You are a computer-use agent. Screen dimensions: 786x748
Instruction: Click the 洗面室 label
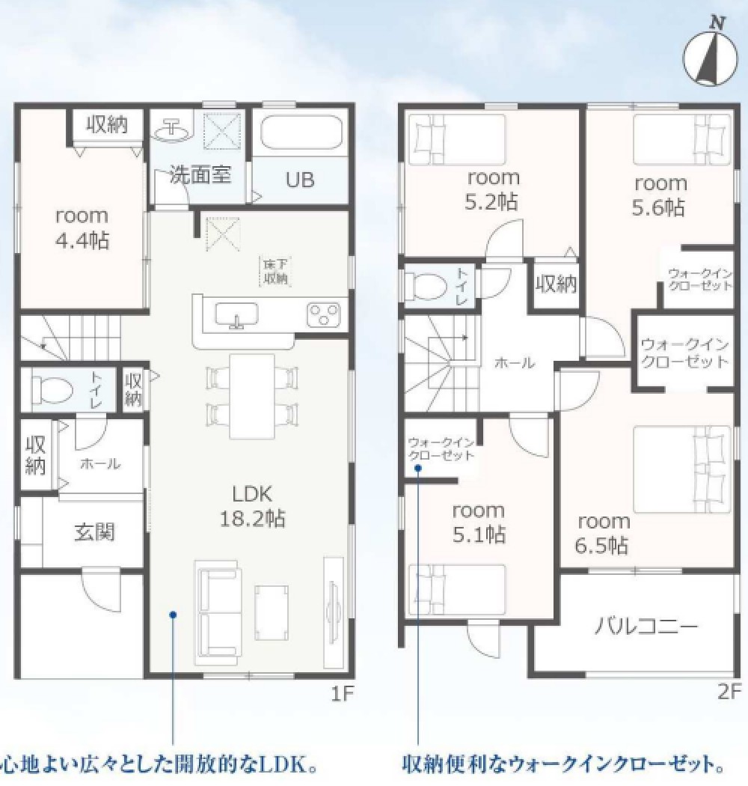200,175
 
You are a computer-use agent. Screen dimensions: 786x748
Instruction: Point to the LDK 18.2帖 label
251,506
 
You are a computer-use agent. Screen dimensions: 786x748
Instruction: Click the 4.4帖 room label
82,228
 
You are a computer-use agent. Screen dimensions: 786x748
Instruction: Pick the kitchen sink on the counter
237,313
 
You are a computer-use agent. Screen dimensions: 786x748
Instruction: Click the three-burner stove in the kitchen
324,313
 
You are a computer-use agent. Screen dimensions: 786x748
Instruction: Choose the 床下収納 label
275,271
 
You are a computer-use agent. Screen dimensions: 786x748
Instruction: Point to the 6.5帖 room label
603,533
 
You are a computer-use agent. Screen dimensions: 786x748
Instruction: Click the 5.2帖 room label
494,189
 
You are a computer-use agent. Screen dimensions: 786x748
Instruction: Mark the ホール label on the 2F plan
515,363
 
